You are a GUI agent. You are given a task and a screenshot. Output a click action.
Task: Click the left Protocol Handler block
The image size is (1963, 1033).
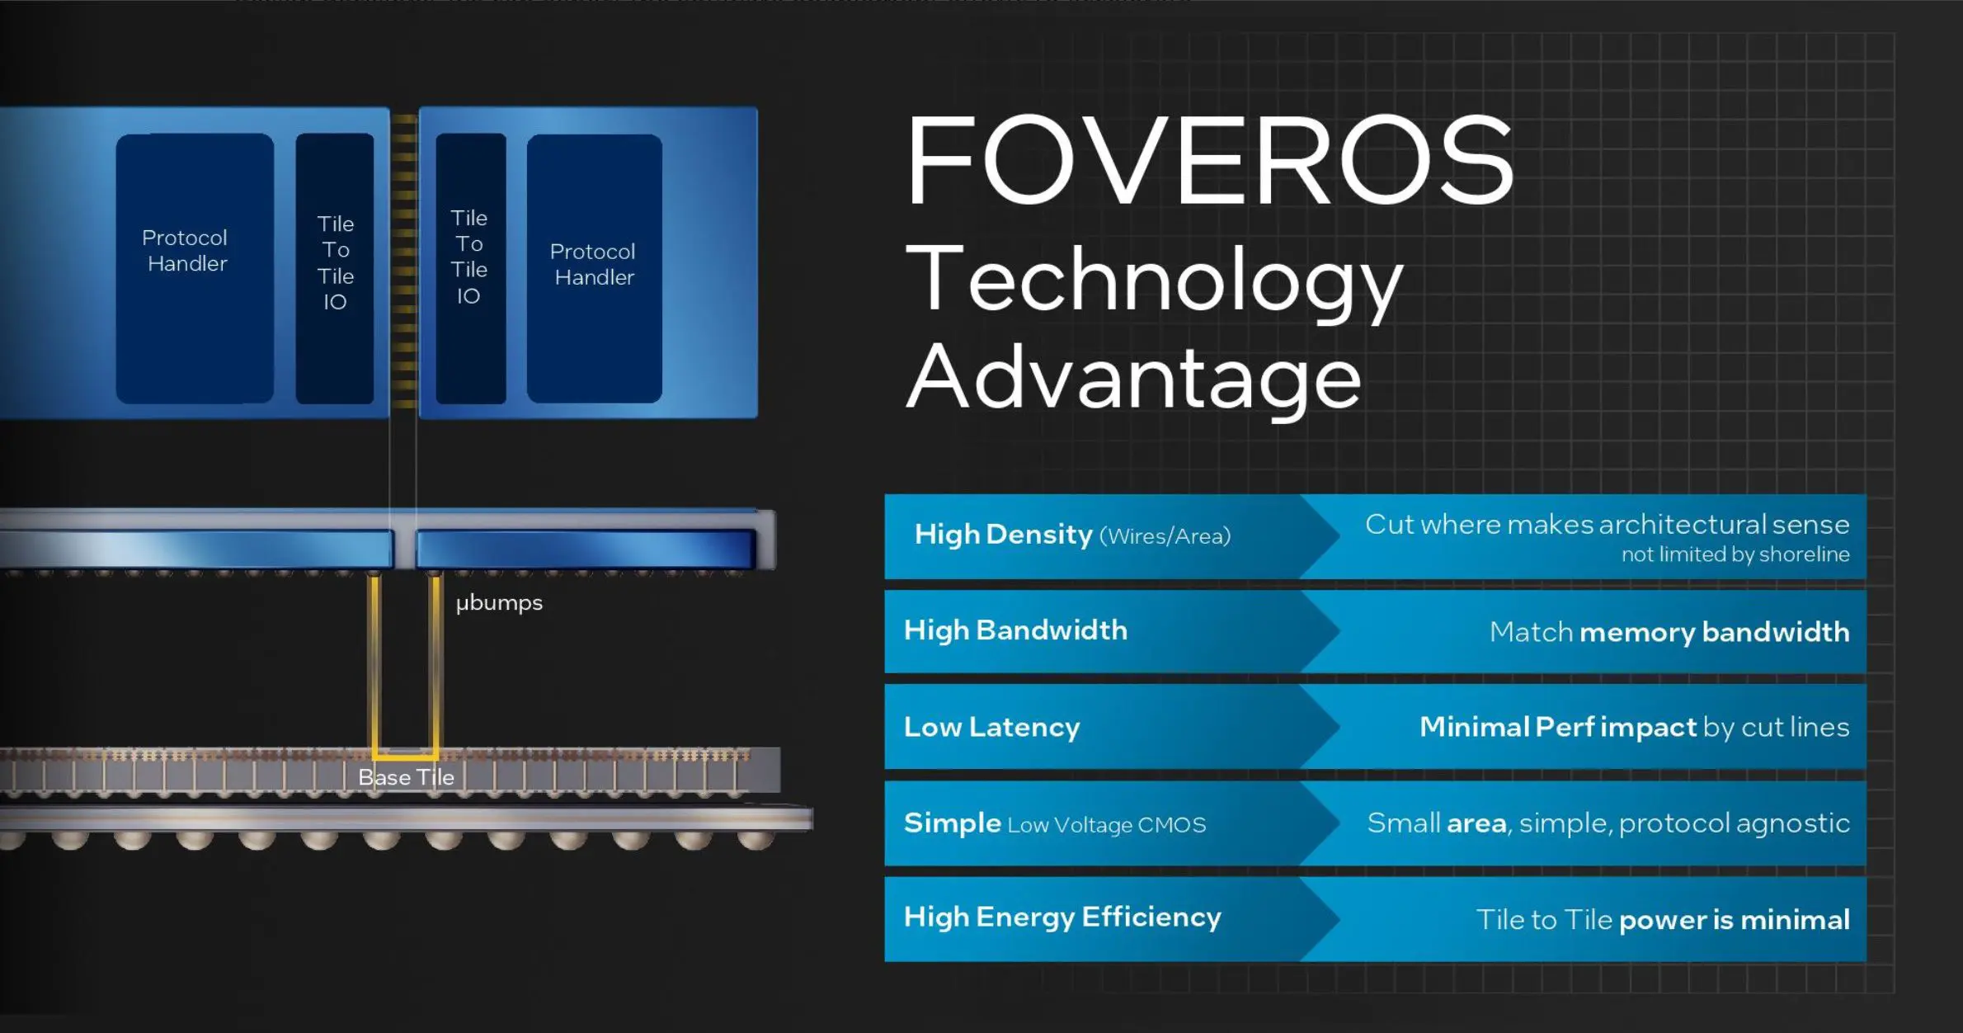tap(195, 268)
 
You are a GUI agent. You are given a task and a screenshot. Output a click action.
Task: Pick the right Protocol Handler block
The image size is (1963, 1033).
tap(594, 268)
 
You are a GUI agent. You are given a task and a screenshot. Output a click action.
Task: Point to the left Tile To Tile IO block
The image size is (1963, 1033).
tap(335, 268)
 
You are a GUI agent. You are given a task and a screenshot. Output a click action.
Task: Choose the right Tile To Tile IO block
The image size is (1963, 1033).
tap(470, 268)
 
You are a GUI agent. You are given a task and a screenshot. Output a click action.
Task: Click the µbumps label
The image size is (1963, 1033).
tap(499, 603)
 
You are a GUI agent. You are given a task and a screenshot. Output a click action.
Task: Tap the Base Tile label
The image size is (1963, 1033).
tap(406, 777)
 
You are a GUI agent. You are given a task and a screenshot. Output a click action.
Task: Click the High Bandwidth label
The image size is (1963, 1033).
tap(1015, 630)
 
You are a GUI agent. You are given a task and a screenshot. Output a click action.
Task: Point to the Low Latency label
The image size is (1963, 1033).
tap(991, 727)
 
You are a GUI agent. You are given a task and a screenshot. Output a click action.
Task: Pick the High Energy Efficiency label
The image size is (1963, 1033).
tap(1062, 917)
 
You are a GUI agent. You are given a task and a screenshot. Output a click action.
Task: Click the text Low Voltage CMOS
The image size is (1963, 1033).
tap(1107, 825)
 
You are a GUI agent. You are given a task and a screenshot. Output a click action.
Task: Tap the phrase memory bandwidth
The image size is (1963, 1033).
tap(1715, 632)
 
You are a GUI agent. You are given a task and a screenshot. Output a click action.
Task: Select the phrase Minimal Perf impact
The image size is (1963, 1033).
tap(1558, 727)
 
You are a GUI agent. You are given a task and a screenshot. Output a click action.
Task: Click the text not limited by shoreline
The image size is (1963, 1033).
tap(1735, 554)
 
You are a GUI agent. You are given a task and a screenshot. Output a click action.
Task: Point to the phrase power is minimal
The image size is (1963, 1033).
tap(1735, 920)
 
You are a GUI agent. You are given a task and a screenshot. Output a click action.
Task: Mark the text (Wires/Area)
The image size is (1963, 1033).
tap(1165, 536)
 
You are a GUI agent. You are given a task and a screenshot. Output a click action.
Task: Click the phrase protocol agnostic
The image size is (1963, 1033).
tap(1735, 823)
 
